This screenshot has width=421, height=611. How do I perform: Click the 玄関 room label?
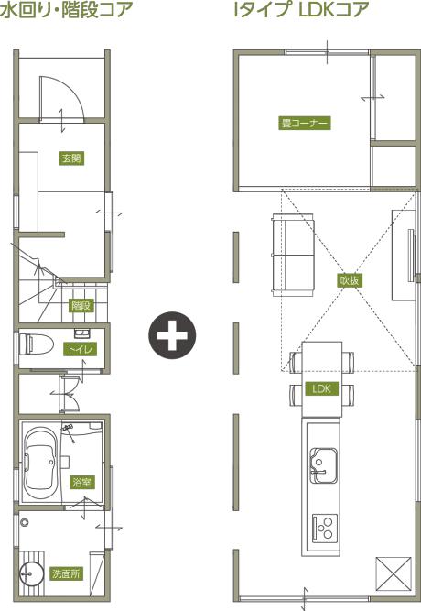71,158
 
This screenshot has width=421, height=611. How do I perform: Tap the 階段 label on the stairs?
81,305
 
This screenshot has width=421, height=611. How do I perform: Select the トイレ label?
80,349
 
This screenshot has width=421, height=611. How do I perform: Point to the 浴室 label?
81,482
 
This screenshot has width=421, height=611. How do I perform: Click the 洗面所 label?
67,573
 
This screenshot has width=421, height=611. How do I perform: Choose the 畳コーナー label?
304,123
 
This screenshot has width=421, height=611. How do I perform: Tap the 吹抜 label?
350,280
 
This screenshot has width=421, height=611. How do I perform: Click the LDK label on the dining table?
321,388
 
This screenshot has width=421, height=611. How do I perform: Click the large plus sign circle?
172,335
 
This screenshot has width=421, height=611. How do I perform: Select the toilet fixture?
36,344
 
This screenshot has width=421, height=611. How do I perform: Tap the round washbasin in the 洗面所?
31,574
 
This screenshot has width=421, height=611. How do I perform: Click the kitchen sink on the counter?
324,465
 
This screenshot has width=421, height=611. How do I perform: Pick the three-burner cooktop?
325,529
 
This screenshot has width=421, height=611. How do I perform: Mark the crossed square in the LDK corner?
394,575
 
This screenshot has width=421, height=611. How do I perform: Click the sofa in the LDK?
293,255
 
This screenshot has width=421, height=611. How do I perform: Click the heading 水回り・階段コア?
66,9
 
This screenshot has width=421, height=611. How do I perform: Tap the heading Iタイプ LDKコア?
301,9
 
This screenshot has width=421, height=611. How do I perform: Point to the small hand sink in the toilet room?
82,333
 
